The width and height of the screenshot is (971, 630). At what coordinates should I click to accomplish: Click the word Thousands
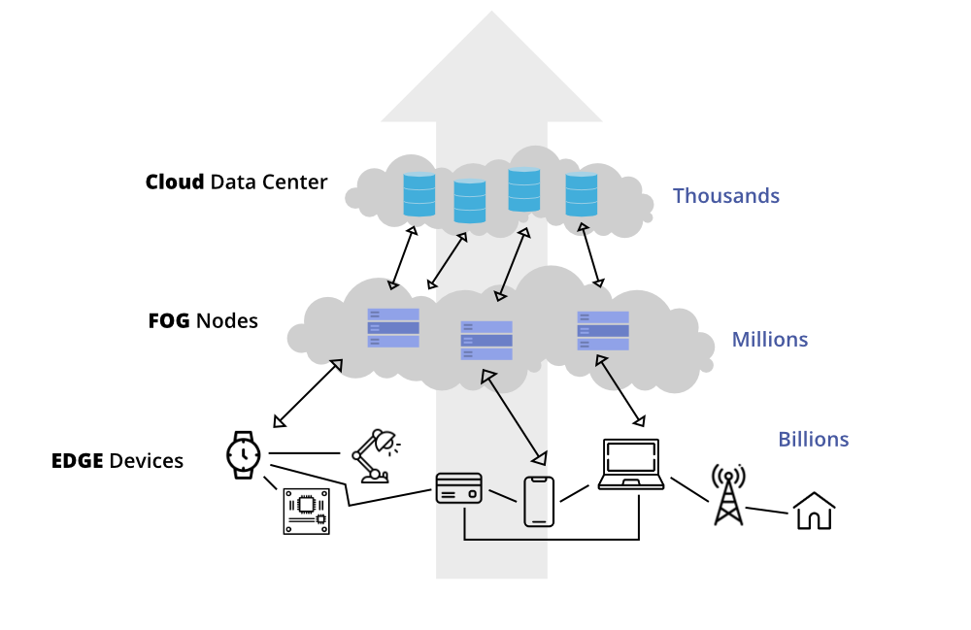coord(725,196)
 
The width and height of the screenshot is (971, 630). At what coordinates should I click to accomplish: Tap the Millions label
coord(769,340)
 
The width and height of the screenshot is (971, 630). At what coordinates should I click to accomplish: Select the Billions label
coord(813,440)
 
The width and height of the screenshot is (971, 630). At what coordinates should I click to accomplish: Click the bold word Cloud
coord(175,182)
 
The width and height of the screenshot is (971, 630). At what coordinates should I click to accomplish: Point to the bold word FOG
coord(169,321)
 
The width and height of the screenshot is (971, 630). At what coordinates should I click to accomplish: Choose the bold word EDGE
coord(77,461)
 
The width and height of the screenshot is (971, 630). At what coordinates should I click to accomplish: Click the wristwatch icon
coord(243,453)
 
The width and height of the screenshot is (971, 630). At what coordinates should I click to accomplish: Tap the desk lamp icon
coord(374,455)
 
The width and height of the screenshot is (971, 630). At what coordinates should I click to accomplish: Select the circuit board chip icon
coord(306,511)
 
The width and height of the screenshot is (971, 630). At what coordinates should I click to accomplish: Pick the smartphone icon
coord(539,502)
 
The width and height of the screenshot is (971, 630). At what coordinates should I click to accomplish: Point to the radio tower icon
coord(728,494)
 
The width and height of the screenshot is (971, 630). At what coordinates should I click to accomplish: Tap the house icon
coord(814,511)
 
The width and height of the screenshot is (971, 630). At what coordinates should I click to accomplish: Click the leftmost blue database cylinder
coord(419,194)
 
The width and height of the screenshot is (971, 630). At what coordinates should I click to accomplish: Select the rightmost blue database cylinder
coord(582,194)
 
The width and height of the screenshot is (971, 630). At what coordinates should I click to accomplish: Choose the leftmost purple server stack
coord(393,328)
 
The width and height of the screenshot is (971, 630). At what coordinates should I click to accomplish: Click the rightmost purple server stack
coord(603,330)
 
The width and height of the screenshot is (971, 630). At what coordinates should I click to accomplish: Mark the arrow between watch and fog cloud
coord(308,393)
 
